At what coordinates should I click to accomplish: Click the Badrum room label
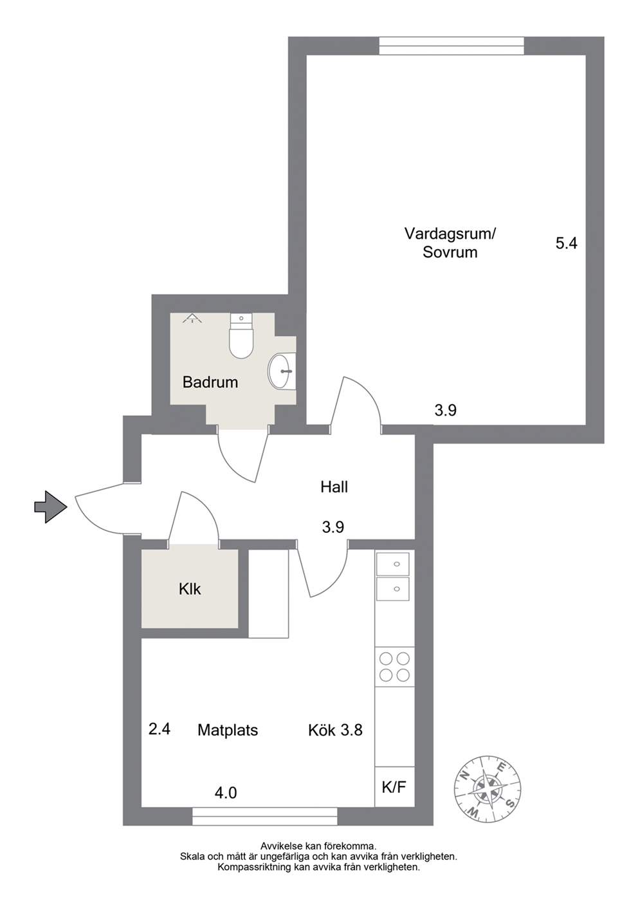point(210,382)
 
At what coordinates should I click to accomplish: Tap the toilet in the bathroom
point(241,336)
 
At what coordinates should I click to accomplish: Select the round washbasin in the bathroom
point(282,371)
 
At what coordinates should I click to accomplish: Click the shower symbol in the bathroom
point(192,319)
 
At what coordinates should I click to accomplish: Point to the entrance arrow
point(50,507)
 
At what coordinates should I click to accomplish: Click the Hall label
point(334,487)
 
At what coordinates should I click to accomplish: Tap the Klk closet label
point(190,590)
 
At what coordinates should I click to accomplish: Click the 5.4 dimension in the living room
point(567,243)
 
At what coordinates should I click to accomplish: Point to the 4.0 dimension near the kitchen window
point(226,794)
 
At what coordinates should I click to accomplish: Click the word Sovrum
point(450,252)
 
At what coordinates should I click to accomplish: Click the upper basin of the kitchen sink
point(393,564)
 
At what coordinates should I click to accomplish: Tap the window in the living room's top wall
point(451,46)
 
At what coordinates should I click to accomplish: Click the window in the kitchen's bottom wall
point(264,816)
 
